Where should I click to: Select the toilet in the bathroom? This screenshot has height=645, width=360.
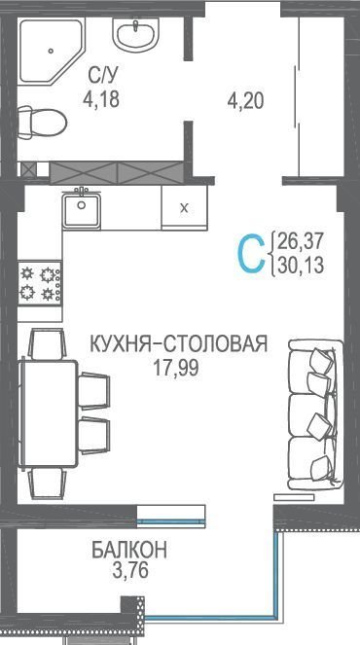click(x=42, y=123)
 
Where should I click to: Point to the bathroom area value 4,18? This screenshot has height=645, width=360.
click(x=101, y=99)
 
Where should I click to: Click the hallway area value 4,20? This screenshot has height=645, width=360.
click(x=245, y=100)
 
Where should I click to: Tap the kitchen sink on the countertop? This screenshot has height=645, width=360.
click(x=82, y=209)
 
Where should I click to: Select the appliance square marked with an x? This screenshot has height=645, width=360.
click(x=184, y=207)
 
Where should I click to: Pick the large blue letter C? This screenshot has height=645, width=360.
click(x=251, y=253)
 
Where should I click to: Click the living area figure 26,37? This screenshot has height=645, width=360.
click(x=301, y=241)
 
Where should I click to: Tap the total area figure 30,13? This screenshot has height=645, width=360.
click(x=301, y=265)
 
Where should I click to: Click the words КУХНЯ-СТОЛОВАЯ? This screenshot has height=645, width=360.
click(x=179, y=343)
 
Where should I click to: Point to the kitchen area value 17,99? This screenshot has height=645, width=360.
click(x=176, y=368)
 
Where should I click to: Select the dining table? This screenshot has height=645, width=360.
click(x=48, y=413)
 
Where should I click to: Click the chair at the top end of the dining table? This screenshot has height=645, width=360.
click(x=47, y=343)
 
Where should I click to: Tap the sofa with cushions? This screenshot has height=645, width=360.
click(x=315, y=412)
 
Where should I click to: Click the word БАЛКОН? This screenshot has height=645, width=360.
click(x=129, y=551)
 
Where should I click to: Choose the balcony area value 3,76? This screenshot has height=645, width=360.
click(x=129, y=570)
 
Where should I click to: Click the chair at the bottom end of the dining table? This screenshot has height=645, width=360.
click(x=47, y=484)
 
